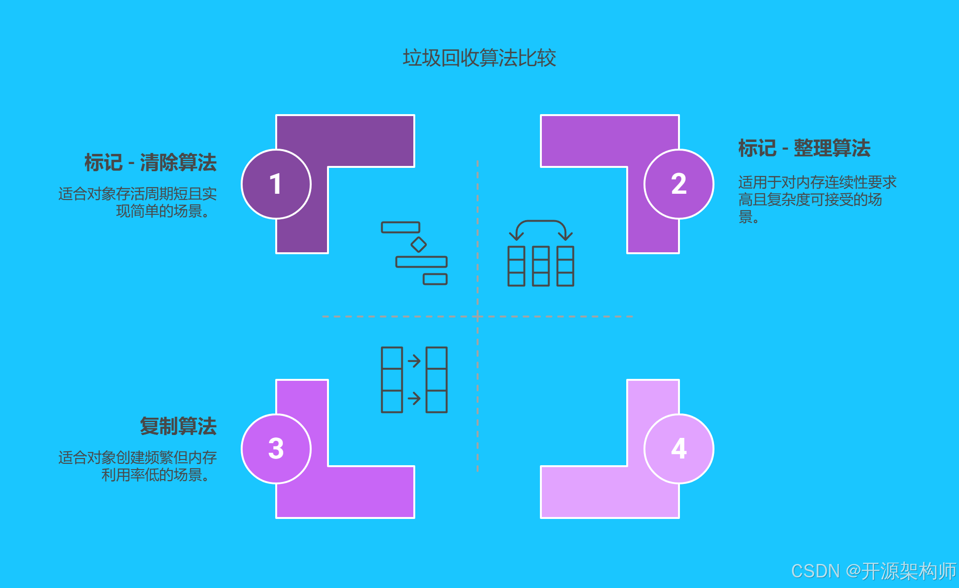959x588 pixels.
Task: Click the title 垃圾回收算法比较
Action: click(479, 58)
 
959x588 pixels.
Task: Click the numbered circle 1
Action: click(276, 184)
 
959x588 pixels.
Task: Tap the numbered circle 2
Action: click(678, 184)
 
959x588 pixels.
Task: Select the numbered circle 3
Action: click(276, 449)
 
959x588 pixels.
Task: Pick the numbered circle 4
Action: click(678, 449)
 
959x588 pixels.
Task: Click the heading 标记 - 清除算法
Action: click(151, 163)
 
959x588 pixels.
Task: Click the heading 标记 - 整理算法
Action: click(804, 148)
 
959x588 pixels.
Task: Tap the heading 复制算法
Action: click(178, 426)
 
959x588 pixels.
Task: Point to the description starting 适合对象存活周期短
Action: click(138, 202)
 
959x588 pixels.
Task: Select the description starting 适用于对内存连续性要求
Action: click(817, 199)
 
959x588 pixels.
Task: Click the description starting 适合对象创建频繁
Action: click(138, 466)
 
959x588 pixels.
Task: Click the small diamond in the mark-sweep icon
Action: click(419, 245)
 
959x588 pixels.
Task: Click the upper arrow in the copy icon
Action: click(414, 360)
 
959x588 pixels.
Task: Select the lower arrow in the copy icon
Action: click(414, 398)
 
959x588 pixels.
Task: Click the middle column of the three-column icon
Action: click(541, 266)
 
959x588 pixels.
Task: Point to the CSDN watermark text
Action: click(873, 571)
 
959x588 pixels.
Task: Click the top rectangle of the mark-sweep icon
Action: click(400, 227)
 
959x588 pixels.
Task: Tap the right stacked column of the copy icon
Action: click(436, 380)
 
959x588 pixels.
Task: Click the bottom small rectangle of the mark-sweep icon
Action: click(435, 279)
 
